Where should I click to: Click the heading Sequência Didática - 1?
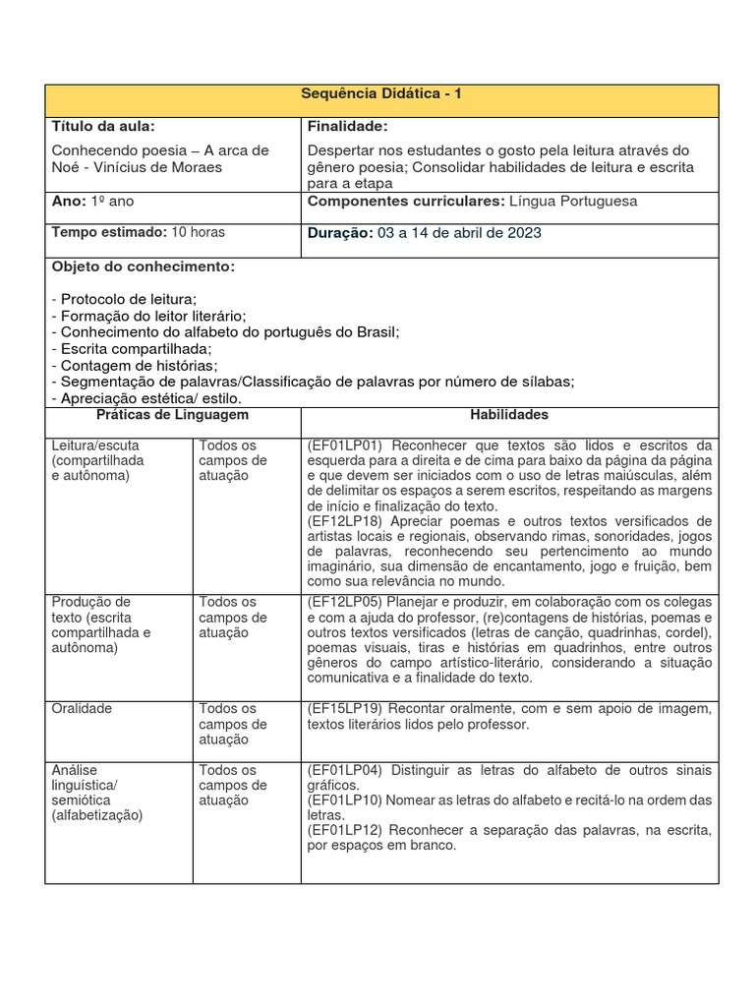pyautogui.click(x=380, y=92)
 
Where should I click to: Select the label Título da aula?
pyautogui.click(x=102, y=126)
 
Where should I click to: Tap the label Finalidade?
pyautogui.click(x=347, y=126)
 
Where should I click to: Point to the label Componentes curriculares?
pyautogui.click(x=406, y=201)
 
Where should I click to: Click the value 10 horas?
pyautogui.click(x=198, y=232)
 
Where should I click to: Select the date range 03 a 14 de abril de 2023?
pyautogui.click(x=458, y=233)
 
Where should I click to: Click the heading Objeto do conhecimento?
pyautogui.click(x=143, y=267)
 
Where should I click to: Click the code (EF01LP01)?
pyautogui.click(x=344, y=445)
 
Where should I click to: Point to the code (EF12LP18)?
pyautogui.click(x=344, y=520)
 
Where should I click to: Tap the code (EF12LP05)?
pyautogui.click(x=344, y=601)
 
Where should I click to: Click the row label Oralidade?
pyautogui.click(x=82, y=708)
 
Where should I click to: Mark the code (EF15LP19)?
pyautogui.click(x=344, y=708)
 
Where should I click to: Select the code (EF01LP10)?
pyautogui.click(x=344, y=800)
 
